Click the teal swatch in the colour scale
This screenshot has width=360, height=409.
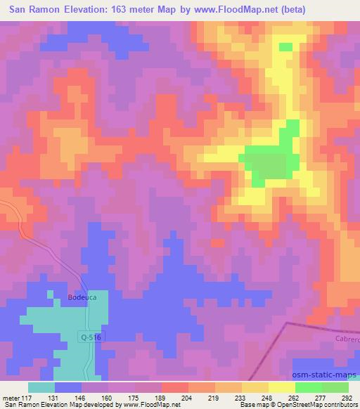[41, 387]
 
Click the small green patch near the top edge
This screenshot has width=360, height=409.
[285, 47]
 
